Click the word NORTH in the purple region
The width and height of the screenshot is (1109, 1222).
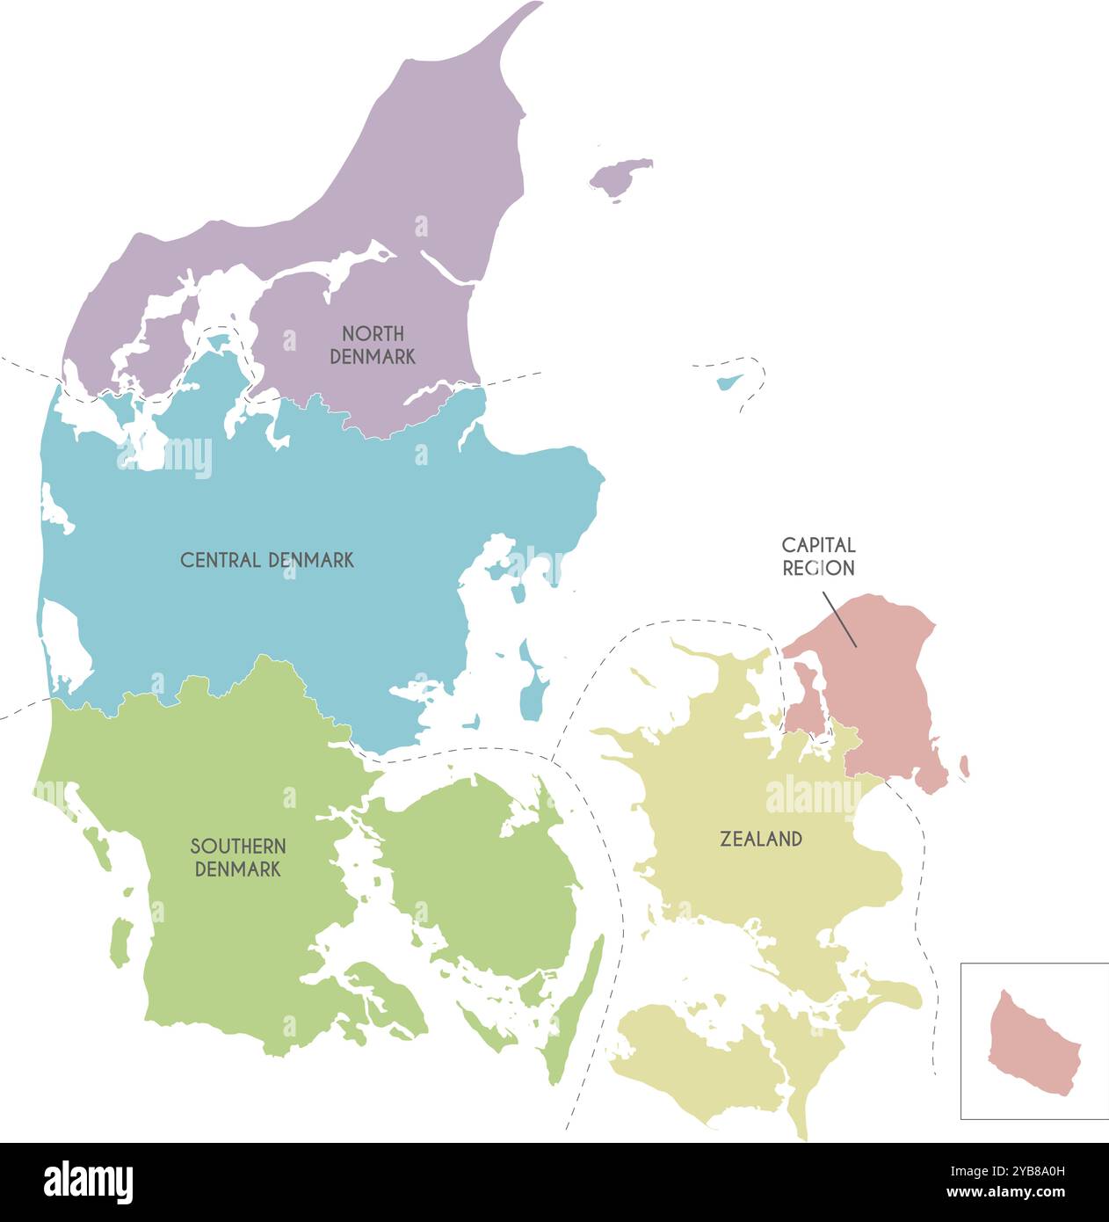(373, 333)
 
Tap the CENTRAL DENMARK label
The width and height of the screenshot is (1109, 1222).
(267, 560)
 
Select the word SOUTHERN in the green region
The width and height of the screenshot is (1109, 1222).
(238, 846)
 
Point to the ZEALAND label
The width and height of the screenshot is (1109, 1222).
(761, 840)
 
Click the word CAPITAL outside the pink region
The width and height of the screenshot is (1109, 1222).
(818, 545)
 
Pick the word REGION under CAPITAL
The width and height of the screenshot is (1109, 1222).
(818, 568)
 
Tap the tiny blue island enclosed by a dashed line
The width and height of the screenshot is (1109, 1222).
(728, 382)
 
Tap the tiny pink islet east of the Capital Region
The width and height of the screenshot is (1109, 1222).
(964, 766)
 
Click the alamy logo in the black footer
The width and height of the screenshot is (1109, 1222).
(88, 1182)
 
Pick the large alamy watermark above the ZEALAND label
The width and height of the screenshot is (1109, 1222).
(813, 796)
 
